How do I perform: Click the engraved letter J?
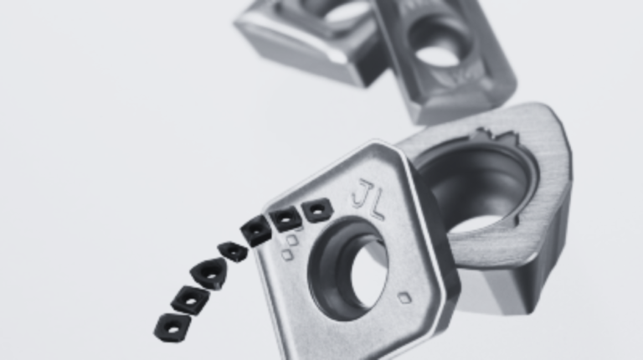pos(360,193)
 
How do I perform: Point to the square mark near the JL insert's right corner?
pos(404,298)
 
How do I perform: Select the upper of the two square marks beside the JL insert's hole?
pos(292,240)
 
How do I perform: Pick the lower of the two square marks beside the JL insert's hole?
pos(286,255)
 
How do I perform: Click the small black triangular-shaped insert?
pos(208,274)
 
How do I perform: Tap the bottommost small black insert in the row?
pos(172,327)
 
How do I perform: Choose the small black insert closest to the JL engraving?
pos(316,210)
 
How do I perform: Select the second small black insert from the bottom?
pos(189,301)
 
